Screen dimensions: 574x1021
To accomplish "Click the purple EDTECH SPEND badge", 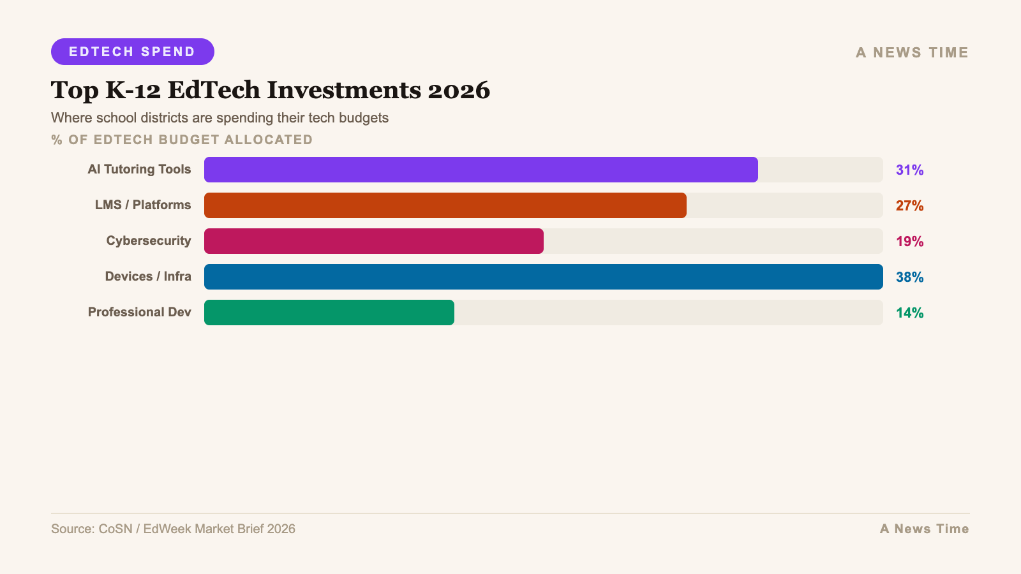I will pos(132,52).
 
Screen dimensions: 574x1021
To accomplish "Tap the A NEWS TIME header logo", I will pos(912,53).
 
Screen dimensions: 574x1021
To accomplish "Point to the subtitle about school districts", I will pos(220,118).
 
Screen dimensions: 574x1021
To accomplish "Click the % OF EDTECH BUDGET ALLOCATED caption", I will pos(182,140).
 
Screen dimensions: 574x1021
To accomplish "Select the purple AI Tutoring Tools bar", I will pos(481,170).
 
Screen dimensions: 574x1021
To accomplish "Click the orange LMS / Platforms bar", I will pos(445,205).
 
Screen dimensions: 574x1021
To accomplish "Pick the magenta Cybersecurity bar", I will pos(373,241).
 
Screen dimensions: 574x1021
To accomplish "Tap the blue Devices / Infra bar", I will pos(543,277).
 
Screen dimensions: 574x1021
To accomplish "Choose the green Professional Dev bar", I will pos(329,313).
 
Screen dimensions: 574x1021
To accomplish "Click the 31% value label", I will pos(909,170).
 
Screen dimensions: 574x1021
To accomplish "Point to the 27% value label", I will pos(909,205).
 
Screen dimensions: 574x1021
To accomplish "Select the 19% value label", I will pos(909,241).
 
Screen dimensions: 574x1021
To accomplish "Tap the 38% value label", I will pos(909,277).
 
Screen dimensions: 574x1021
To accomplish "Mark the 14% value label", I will pos(909,313).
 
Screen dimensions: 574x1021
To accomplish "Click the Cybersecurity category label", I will pos(149,241).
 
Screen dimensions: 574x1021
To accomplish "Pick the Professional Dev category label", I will pos(139,313).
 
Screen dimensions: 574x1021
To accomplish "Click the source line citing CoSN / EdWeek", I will pos(173,529).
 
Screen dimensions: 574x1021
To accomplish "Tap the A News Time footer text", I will pos(924,529).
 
